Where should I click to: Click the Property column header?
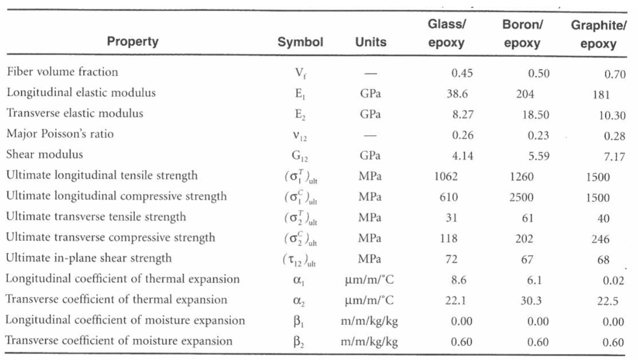tap(133, 42)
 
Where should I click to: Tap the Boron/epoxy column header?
tap(522, 33)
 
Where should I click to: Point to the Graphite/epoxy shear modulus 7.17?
tap(614, 157)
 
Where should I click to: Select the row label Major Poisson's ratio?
tap(60, 134)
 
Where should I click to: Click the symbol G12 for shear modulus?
tap(301, 156)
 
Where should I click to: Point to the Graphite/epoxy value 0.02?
tap(614, 281)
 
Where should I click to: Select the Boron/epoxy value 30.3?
tap(531, 301)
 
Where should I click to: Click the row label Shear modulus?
tap(45, 154)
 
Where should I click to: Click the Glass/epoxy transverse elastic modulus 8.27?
tap(463, 114)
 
